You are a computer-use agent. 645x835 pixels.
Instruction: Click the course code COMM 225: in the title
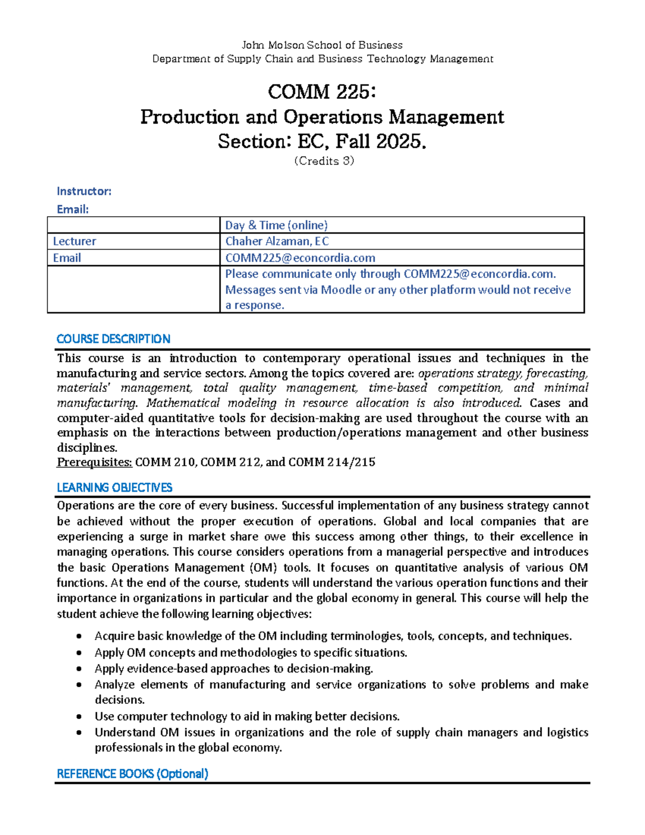click(x=321, y=92)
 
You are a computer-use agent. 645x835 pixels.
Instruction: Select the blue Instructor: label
click(x=84, y=191)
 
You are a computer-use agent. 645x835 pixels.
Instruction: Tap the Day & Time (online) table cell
click(x=276, y=225)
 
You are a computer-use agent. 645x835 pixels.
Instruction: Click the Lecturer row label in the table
click(x=74, y=241)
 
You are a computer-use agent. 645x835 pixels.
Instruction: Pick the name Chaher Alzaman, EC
click(x=277, y=241)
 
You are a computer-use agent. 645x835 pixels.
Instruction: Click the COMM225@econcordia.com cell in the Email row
click(x=300, y=258)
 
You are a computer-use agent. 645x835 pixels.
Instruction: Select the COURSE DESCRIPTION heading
click(x=113, y=339)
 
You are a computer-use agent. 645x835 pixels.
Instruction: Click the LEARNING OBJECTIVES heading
click(x=114, y=488)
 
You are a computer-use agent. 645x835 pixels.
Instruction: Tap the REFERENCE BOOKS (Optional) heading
click(x=132, y=774)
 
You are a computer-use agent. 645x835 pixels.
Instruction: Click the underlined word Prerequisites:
click(x=95, y=462)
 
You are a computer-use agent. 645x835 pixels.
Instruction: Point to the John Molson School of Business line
click(x=322, y=45)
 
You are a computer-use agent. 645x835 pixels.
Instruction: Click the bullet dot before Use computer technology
click(x=79, y=717)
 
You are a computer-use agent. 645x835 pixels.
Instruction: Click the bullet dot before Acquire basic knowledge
click(x=79, y=637)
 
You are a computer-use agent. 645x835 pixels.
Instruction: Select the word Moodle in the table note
click(x=341, y=290)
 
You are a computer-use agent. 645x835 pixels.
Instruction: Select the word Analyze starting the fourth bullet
click(x=114, y=684)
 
